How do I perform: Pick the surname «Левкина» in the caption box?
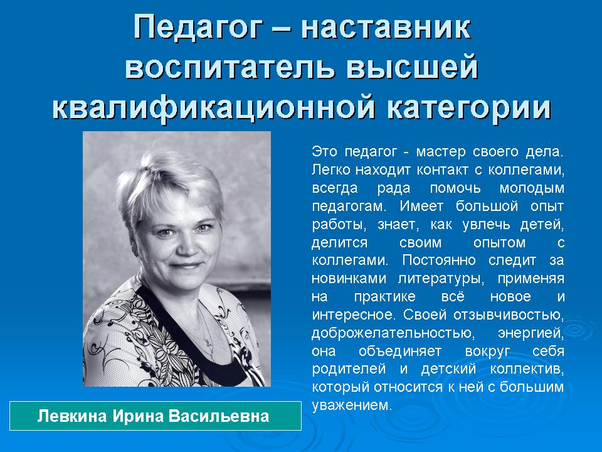pos(71,416)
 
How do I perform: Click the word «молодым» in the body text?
pos(532,189)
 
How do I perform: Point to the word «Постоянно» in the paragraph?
pos(439,260)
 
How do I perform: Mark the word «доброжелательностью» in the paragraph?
pos(393,333)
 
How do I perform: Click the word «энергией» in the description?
pos(531,333)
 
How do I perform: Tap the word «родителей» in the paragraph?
pos(349,369)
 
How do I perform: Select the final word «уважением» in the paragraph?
pos(352,406)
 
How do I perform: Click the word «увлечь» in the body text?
pos(487,225)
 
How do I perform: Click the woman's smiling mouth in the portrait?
pos(186,266)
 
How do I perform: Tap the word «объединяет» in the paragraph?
pos(400,352)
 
